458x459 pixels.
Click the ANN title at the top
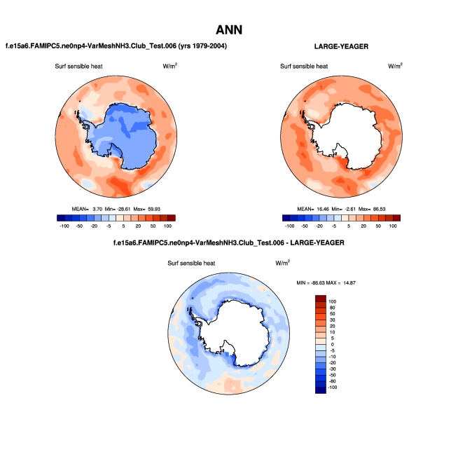[x=228, y=29]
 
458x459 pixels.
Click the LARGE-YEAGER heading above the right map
[x=342, y=46]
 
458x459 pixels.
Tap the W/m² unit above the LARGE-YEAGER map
[x=396, y=67]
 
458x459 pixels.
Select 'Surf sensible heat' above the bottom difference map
[x=191, y=263]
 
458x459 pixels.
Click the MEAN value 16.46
[x=328, y=209]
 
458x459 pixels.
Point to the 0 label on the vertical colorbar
[x=333, y=345]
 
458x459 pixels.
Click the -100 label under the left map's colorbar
[x=64, y=226]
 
